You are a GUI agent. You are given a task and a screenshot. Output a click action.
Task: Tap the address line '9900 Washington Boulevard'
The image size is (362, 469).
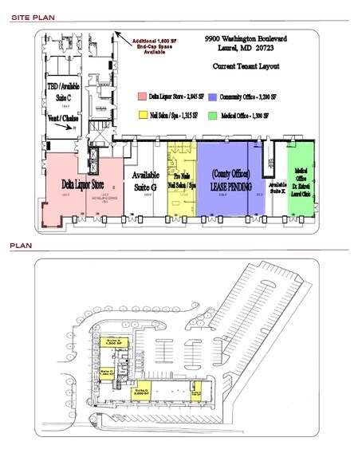(245, 37)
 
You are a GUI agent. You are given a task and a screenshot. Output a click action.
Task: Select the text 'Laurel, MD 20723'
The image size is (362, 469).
(245, 47)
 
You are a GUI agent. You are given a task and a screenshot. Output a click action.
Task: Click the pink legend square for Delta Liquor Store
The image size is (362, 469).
(140, 97)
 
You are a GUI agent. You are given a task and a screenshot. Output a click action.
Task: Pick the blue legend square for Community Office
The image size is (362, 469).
(211, 97)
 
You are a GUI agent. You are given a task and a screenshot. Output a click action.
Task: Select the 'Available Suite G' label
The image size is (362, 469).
(146, 179)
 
